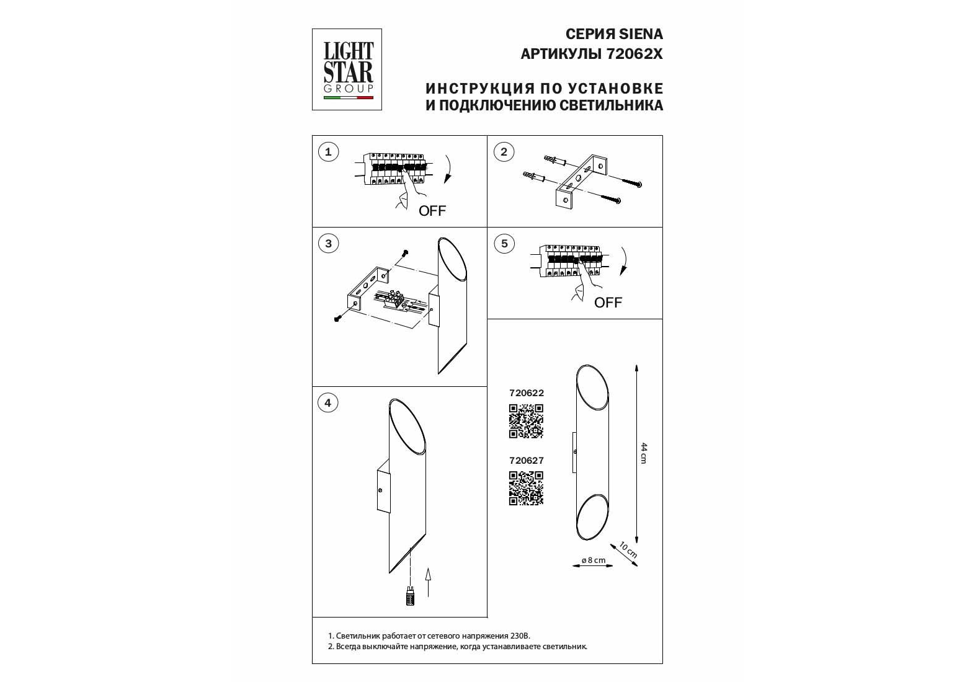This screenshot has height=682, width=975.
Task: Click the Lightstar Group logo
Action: (347, 69)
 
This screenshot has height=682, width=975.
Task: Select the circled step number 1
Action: (328, 152)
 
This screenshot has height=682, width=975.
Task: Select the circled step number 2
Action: (504, 152)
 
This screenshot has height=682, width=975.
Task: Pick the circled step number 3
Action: (328, 243)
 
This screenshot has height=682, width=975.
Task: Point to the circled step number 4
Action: (327, 403)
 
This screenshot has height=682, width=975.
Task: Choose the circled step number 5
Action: (504, 243)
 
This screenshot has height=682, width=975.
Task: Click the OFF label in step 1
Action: (432, 211)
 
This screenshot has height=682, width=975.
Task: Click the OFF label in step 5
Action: (608, 303)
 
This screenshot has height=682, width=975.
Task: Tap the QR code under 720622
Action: (526, 421)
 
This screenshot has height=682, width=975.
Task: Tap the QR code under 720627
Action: (526, 489)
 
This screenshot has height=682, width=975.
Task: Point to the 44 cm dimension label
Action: (644, 453)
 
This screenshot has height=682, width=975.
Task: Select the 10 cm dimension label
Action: (628, 550)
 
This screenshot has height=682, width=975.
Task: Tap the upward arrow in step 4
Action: (429, 582)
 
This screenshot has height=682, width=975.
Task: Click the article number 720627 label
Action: (526, 461)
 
